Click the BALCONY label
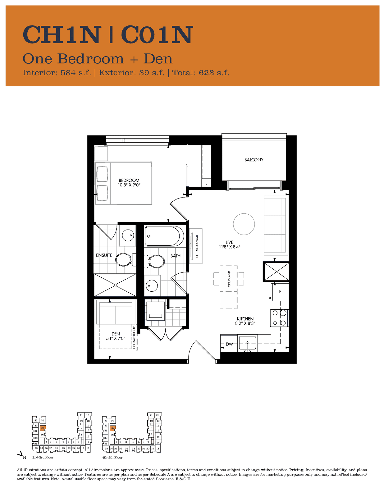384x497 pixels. click(x=254, y=160)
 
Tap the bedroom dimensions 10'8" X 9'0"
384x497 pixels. click(x=129, y=185)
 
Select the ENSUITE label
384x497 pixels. click(x=104, y=255)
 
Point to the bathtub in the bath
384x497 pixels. click(x=164, y=236)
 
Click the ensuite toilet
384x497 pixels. click(x=126, y=260)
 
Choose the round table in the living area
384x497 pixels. click(x=244, y=224)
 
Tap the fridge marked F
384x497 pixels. click(x=280, y=292)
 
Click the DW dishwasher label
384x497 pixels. click(x=229, y=344)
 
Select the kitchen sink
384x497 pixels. click(x=248, y=343)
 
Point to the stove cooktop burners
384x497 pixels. click(x=279, y=318)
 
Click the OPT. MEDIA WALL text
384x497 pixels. click(x=197, y=246)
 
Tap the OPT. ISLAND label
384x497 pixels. click(x=229, y=279)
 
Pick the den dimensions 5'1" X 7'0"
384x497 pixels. click(x=116, y=338)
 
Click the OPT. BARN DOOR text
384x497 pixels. click(x=134, y=338)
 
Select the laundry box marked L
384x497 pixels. click(x=206, y=183)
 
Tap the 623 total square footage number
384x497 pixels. click(x=206, y=73)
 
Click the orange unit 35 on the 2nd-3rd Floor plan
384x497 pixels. click(x=43, y=428)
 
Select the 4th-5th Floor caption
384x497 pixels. click(x=112, y=458)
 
